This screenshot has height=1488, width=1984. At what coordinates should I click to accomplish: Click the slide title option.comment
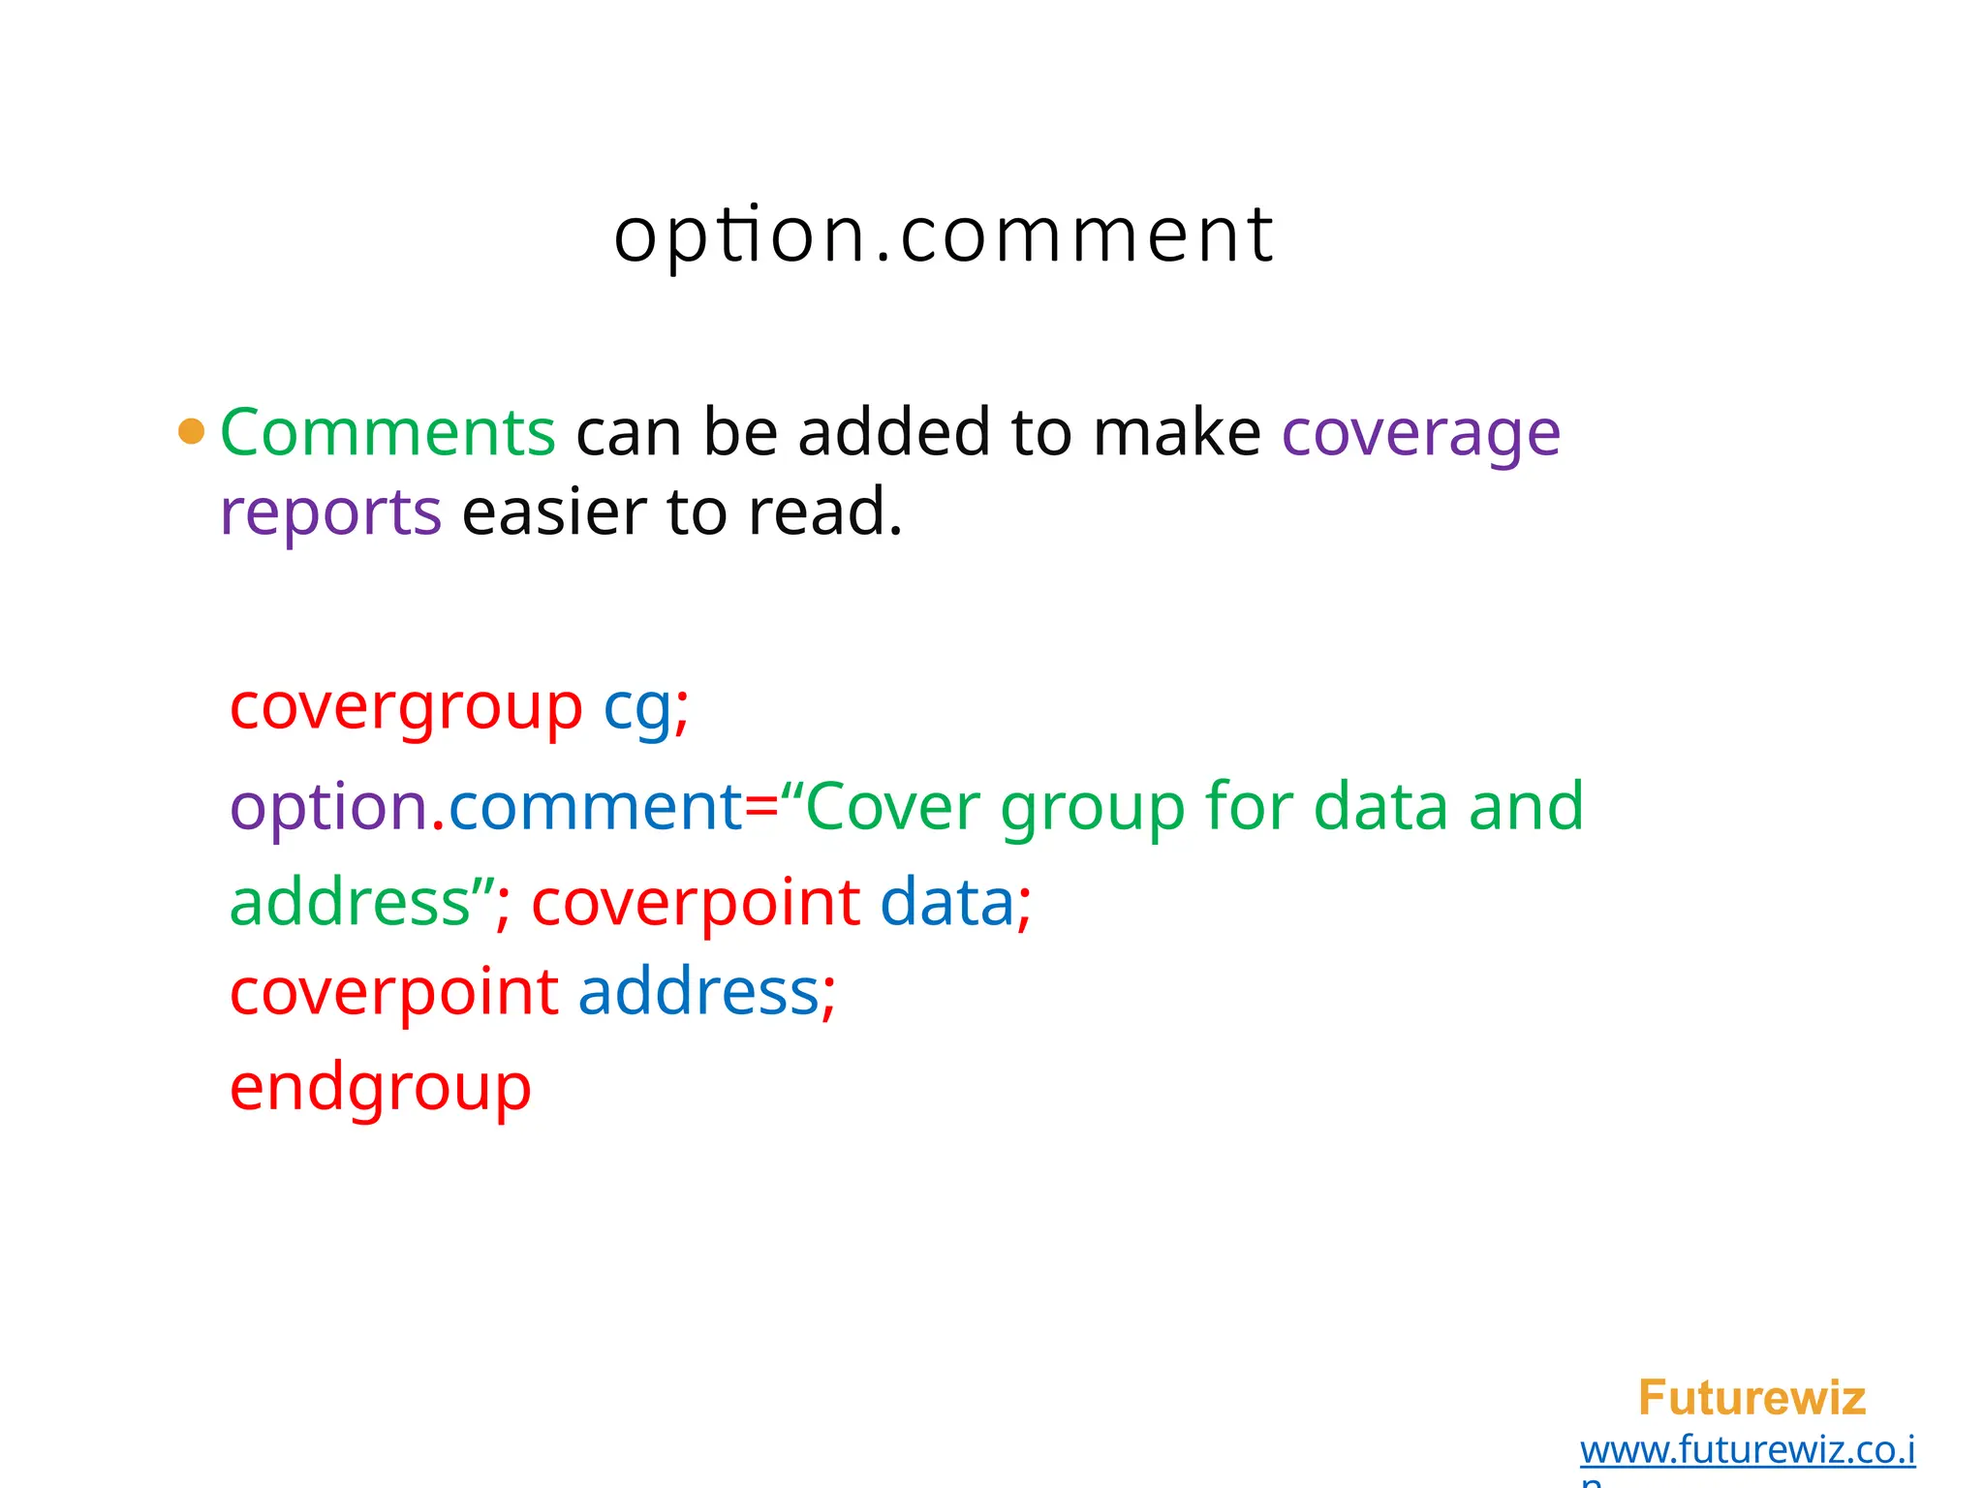click(944, 235)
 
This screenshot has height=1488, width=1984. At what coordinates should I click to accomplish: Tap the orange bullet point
click(192, 431)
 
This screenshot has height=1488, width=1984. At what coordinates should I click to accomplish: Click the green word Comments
click(387, 432)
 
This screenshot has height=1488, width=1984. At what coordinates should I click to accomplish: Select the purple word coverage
click(1420, 434)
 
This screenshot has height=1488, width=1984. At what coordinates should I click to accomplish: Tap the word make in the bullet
click(1176, 432)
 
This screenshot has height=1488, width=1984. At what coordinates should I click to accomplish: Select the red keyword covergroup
click(406, 708)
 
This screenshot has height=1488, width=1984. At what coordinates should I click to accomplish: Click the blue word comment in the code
click(595, 806)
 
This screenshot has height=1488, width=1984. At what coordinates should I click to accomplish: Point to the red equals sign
click(761, 807)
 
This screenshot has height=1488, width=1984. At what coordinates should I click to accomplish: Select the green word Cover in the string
click(892, 806)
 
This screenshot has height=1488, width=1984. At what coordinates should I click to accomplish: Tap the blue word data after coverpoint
click(946, 902)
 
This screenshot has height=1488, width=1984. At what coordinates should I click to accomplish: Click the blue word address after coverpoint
click(698, 992)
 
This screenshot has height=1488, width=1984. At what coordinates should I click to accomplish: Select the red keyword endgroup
click(381, 1088)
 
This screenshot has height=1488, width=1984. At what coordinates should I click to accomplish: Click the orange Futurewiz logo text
click(1751, 1398)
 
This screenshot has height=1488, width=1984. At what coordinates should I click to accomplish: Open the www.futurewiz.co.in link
click(1748, 1450)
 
